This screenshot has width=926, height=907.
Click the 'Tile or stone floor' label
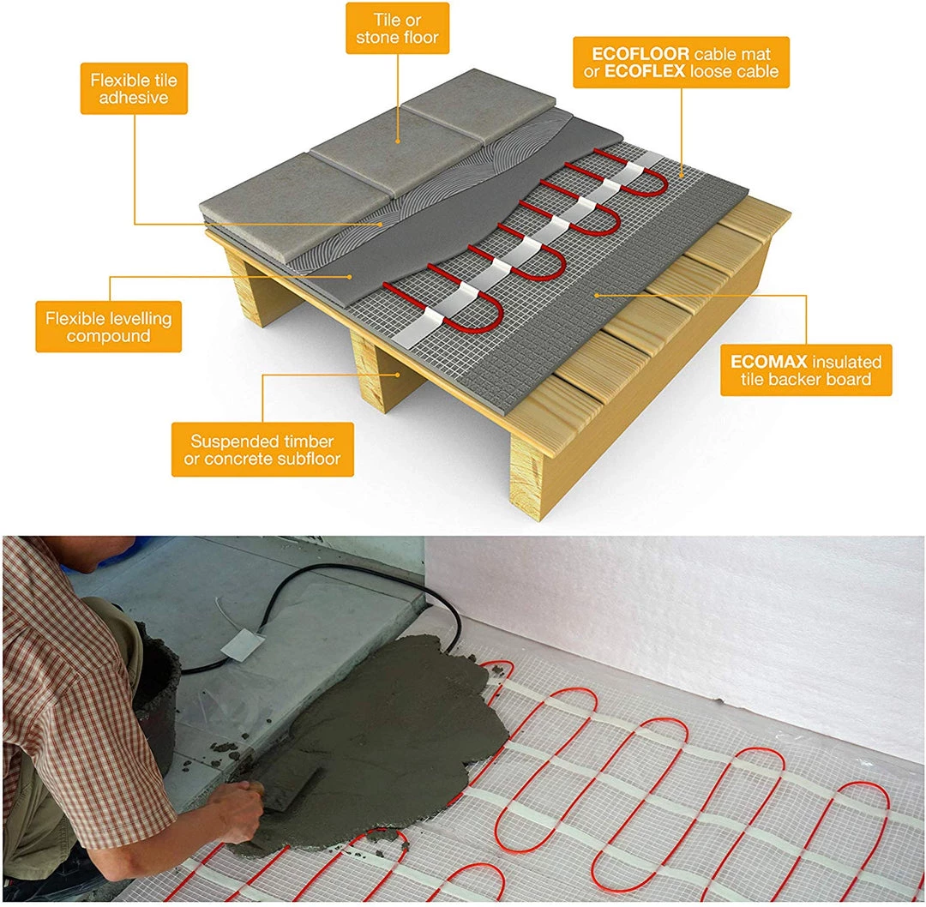[398, 28]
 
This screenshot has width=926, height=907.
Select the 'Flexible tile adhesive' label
[134, 88]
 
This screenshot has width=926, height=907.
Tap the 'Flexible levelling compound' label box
[109, 327]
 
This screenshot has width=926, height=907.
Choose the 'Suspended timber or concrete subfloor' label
[263, 449]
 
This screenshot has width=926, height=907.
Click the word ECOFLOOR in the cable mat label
[640, 54]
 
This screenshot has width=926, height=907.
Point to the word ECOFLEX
[645, 71]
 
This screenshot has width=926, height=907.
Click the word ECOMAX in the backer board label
[768, 362]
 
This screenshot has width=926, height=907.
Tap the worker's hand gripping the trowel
[236, 810]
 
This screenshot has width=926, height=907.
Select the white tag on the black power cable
[240, 644]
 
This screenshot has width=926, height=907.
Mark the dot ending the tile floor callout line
[398, 141]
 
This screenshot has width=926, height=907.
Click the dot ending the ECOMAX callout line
[597, 295]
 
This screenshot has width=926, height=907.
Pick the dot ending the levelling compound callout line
[350, 276]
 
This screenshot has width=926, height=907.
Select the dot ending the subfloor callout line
[399, 374]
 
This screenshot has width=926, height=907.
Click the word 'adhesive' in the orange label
[134, 98]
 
